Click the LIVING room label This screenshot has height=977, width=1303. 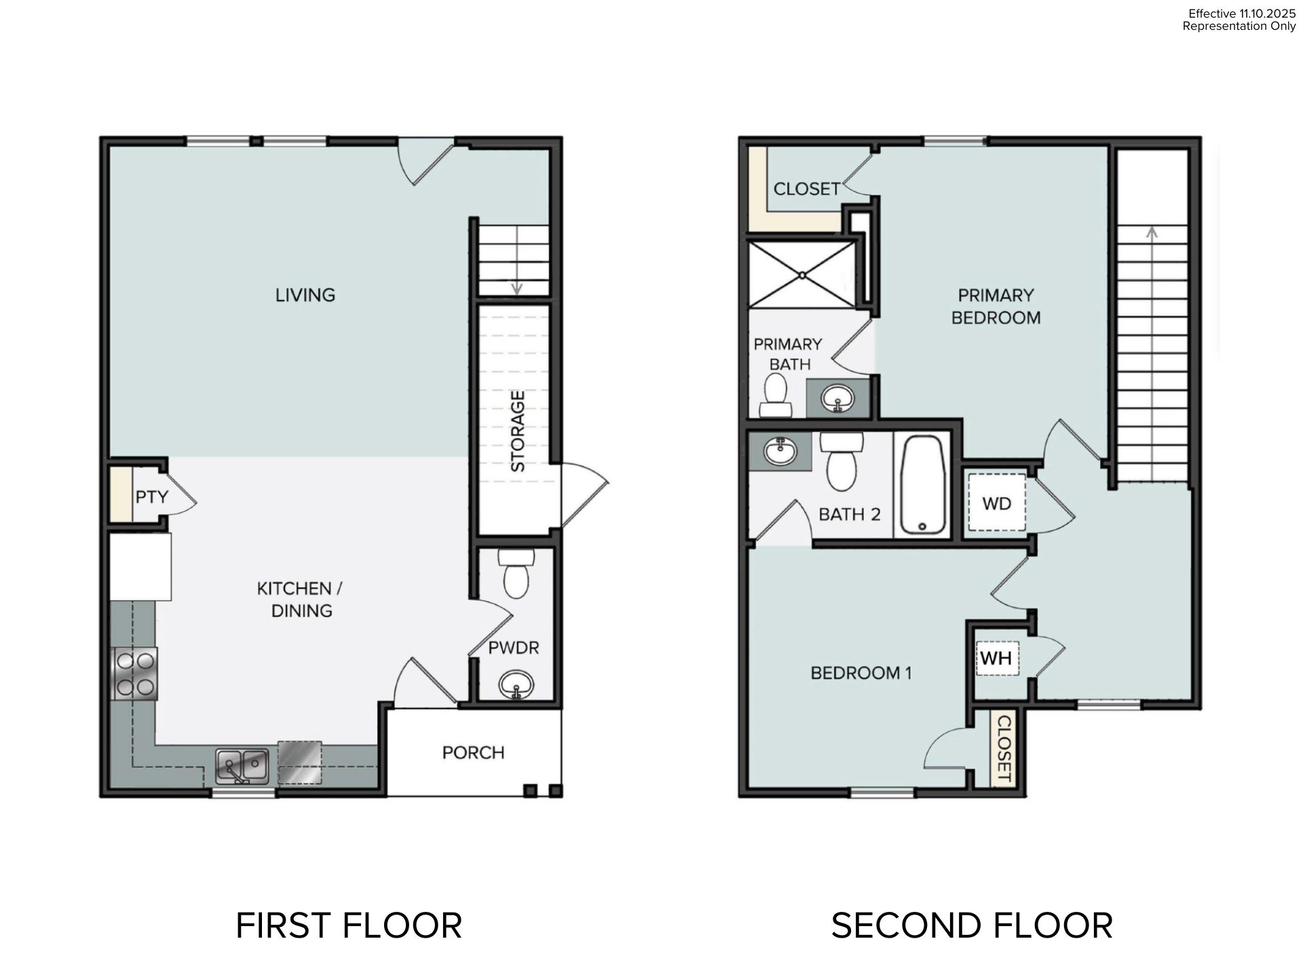(x=305, y=295)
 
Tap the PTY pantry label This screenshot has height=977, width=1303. (x=151, y=497)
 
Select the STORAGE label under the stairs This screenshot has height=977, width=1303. (x=518, y=432)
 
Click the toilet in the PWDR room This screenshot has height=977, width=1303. (x=516, y=574)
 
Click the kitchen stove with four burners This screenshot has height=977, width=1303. (x=134, y=674)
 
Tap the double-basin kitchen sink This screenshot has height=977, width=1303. (x=242, y=767)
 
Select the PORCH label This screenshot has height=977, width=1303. (x=473, y=753)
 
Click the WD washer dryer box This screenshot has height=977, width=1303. (x=996, y=503)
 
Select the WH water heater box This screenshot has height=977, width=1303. (x=997, y=659)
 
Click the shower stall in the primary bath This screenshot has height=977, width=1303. (x=801, y=275)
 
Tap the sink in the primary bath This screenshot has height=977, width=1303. (x=838, y=399)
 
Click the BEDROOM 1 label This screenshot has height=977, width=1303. (x=861, y=673)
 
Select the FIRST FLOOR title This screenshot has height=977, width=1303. (x=349, y=925)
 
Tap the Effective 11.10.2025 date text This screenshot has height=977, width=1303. (x=1242, y=14)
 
